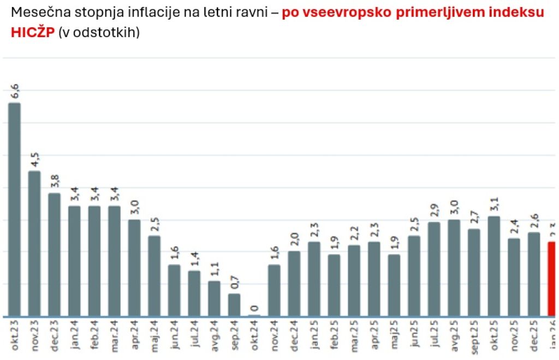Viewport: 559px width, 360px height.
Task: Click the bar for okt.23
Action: point(14,209)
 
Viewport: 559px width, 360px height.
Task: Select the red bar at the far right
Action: point(552,279)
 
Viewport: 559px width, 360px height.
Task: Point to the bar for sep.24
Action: point(234,305)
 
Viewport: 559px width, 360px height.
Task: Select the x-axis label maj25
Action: point(394,340)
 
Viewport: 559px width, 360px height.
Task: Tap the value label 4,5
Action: point(35,161)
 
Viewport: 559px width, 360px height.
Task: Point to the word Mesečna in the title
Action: point(34,12)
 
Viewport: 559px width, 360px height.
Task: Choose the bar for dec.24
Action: point(294,284)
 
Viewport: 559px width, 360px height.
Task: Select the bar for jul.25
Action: point(434,269)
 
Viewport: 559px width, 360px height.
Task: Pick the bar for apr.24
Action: point(134,268)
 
